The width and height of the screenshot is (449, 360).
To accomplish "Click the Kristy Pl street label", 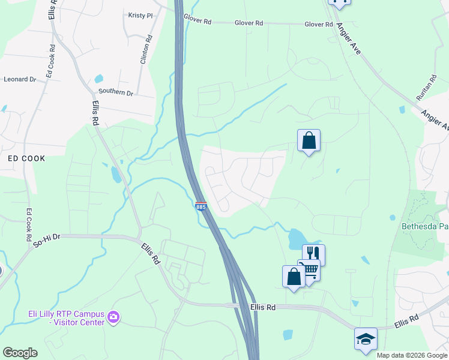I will coord(140,16).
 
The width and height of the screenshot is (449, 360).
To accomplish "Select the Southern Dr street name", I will coord(116,92).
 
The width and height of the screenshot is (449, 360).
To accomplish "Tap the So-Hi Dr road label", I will coord(47,236).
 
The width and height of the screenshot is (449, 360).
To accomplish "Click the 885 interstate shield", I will coord(201,206).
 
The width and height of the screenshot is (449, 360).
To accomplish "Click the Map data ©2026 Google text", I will coord(411,355).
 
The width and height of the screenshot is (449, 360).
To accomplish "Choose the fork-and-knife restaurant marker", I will coord(313,254).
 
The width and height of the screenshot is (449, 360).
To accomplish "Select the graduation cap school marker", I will coord(366,338).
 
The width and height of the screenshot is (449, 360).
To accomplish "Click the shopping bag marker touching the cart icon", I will coord(294,277).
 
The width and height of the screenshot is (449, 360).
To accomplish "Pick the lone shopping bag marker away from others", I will coord(309,141).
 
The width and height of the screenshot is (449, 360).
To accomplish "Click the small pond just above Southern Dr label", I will coord(98,79).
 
